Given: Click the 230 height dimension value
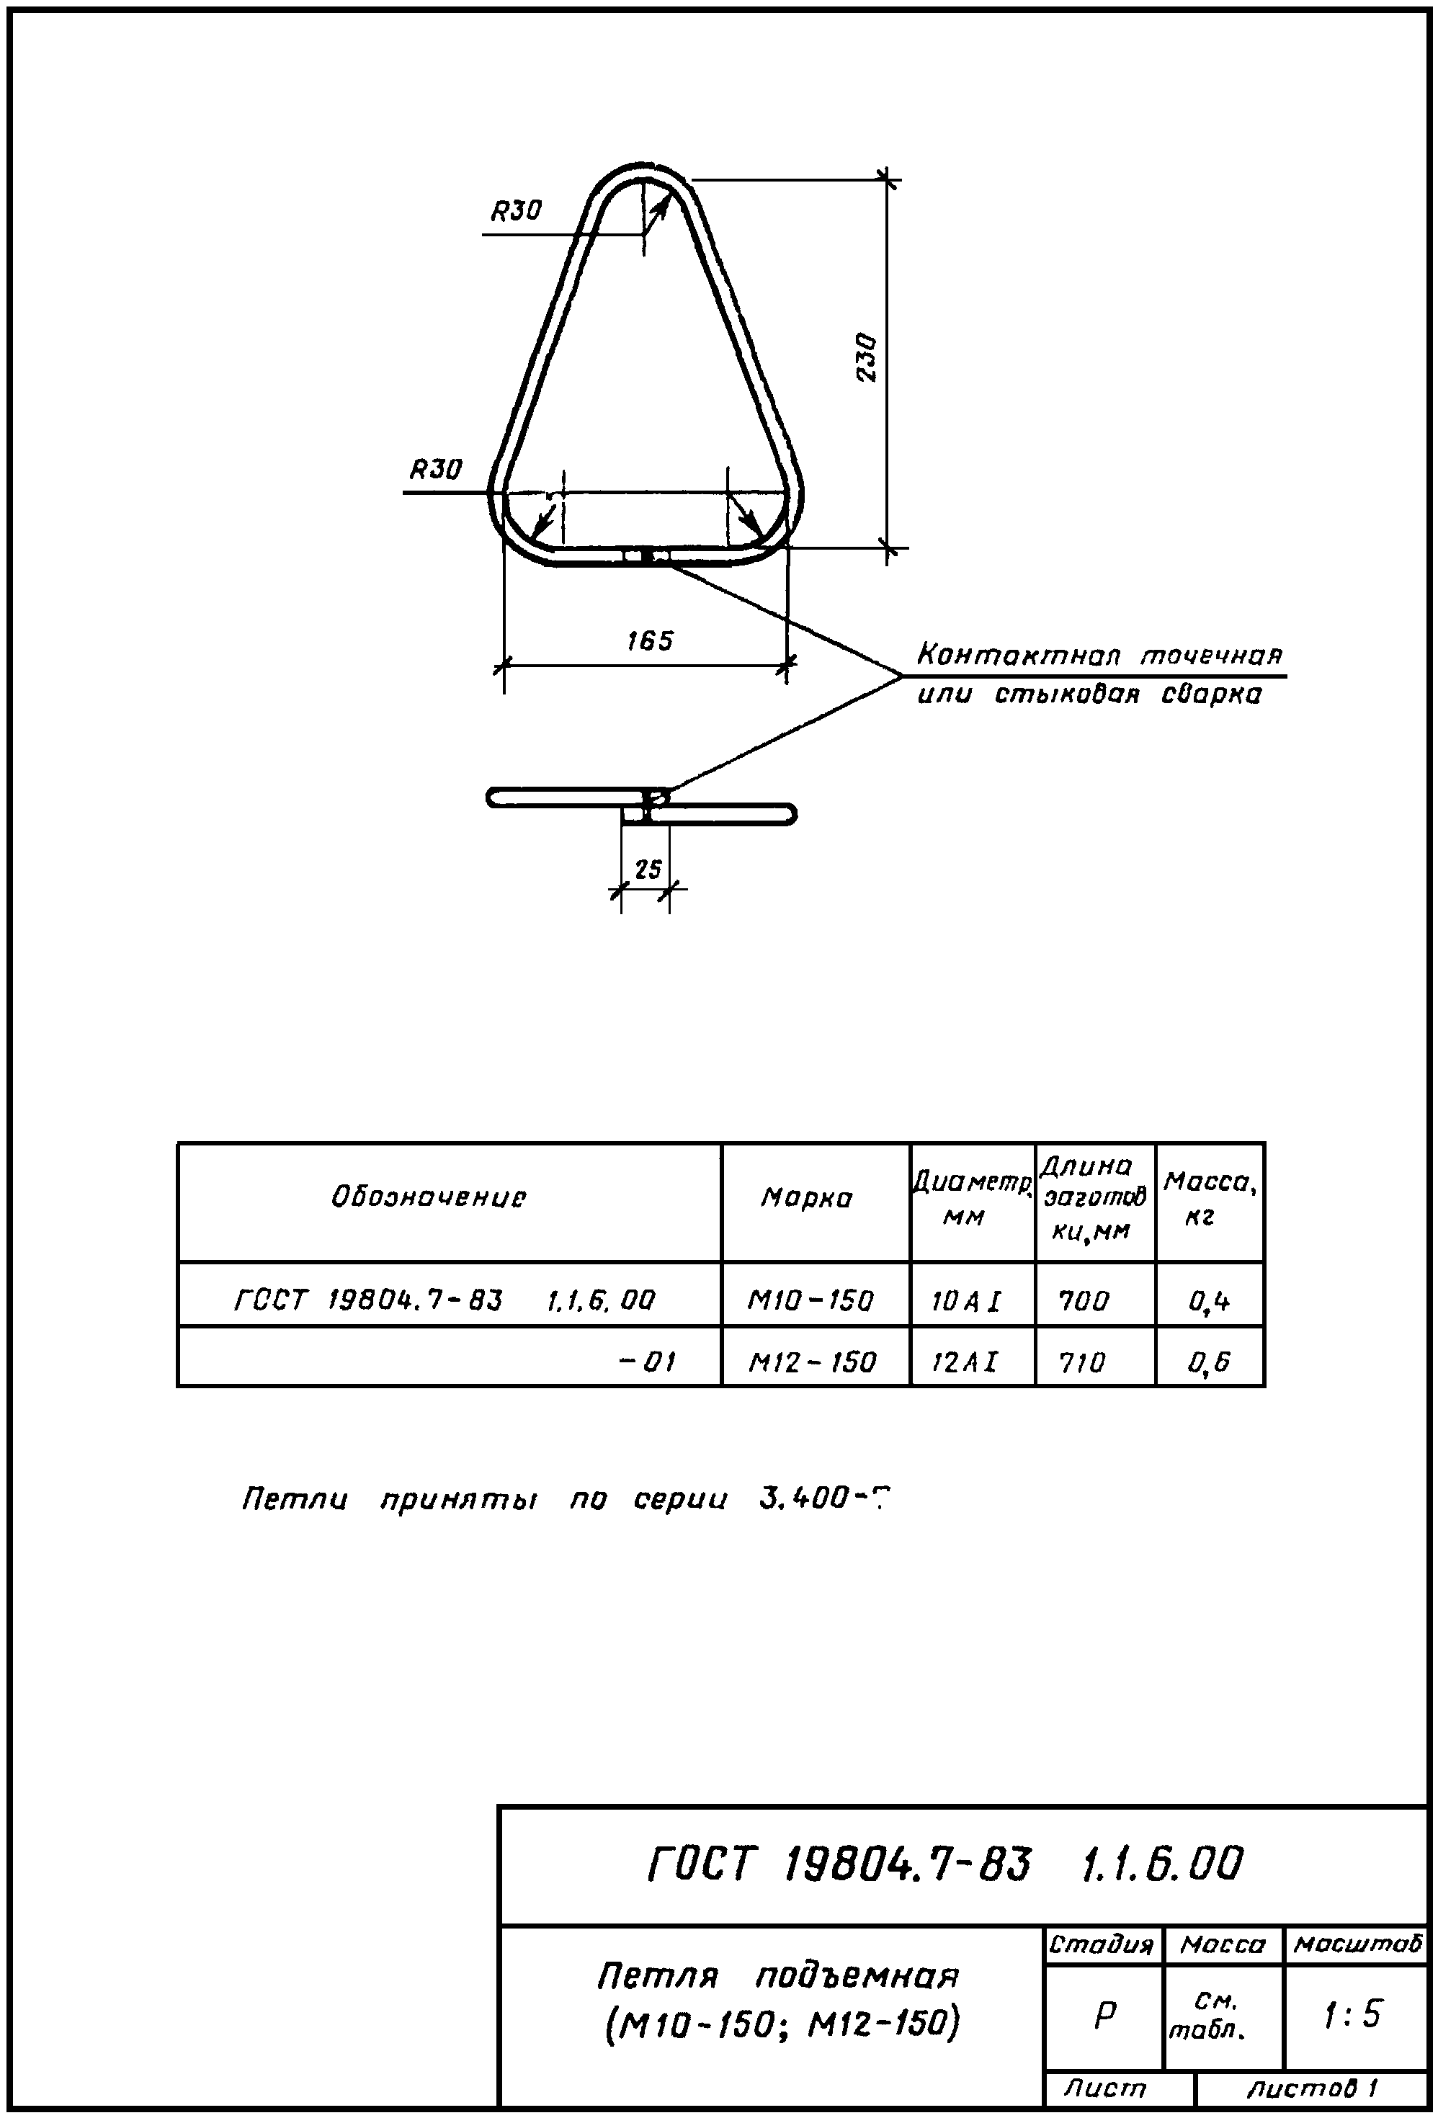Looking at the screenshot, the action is [x=867, y=357].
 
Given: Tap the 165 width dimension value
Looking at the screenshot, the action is [x=650, y=640].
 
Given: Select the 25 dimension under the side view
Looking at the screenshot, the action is [x=648, y=869].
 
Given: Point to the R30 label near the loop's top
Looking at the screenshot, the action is [x=517, y=211].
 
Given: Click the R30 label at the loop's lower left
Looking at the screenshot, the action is [x=436, y=470].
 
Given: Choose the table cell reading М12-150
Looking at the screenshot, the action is [x=812, y=1362].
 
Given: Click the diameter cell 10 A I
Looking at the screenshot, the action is [x=966, y=1300].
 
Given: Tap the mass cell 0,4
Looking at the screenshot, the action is [x=1210, y=1300].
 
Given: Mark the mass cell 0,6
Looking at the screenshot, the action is [x=1210, y=1362].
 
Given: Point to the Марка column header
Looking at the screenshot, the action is [x=806, y=1197].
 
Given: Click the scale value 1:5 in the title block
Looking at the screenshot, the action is [x=1353, y=2014].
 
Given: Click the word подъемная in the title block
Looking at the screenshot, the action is [x=857, y=1976].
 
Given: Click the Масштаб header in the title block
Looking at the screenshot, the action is [x=1357, y=1945].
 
